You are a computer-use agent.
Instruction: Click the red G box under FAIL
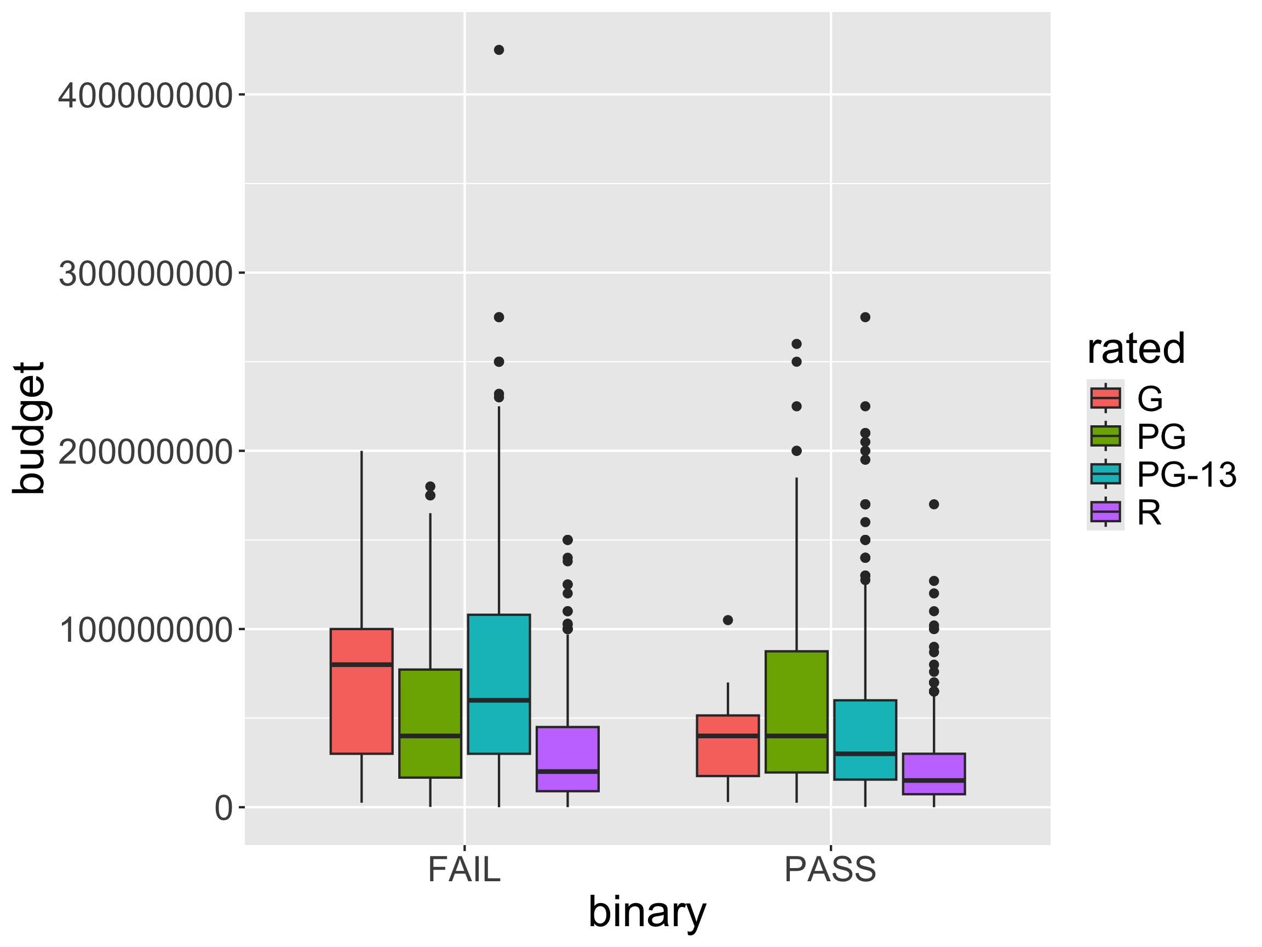[361, 691]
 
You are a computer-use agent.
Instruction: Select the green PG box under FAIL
[430, 723]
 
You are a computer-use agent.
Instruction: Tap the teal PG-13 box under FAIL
[498, 684]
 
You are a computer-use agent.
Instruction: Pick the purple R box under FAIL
[567, 758]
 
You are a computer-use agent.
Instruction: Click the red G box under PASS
[727, 745]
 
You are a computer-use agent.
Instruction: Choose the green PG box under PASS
[796, 712]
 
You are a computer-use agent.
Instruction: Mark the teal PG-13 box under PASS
[865, 739]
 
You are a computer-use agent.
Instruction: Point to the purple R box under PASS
[933, 773]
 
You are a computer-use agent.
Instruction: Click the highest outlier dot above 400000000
[498, 50]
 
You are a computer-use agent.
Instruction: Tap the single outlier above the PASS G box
[727, 620]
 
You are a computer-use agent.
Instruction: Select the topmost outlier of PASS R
[933, 504]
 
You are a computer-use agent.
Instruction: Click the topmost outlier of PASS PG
[796, 344]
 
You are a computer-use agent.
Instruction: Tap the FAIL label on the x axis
[464, 870]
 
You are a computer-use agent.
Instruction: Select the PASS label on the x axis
[830, 870]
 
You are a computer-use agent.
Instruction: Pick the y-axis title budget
[28, 428]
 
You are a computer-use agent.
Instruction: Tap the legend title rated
[1136, 348]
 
